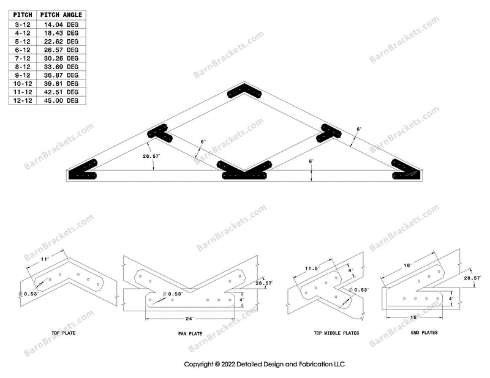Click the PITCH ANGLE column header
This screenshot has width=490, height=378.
tap(61, 15)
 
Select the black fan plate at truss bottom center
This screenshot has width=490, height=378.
tap(244, 170)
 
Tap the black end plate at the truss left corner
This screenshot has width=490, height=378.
tap(85, 171)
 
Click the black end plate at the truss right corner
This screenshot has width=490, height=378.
tap(405, 171)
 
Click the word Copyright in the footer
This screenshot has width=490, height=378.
tap(200, 363)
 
